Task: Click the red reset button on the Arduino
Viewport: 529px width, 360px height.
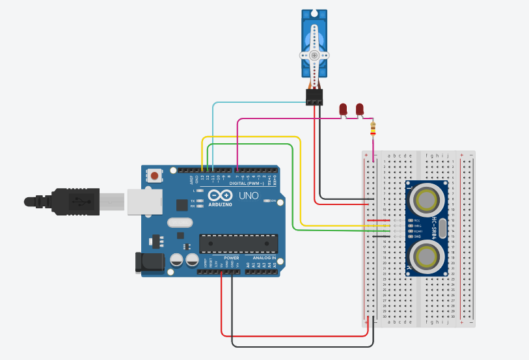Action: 155,175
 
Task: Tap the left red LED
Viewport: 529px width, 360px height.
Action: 344,109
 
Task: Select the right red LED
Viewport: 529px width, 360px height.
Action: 359,109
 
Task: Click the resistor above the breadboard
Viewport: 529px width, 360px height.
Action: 373,129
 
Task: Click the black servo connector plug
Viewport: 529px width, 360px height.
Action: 314,98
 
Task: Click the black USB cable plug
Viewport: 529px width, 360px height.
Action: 75,201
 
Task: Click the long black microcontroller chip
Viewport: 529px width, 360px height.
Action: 238,243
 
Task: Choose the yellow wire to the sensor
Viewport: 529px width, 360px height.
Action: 299,182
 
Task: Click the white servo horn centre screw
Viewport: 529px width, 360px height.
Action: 315,56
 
